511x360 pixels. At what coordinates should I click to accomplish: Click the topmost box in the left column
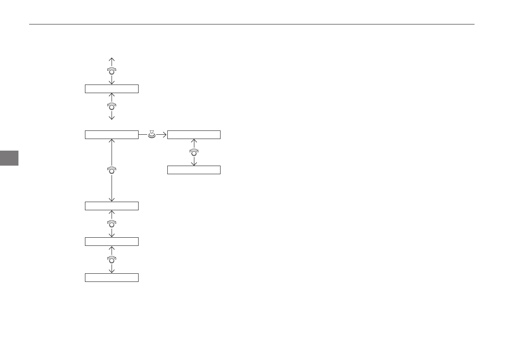click(112, 89)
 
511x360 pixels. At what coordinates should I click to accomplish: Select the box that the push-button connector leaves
click(112, 135)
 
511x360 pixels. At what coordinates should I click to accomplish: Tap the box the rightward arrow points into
click(194, 135)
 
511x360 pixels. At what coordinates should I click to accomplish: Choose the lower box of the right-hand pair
click(194, 170)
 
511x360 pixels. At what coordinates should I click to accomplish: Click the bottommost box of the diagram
click(112, 278)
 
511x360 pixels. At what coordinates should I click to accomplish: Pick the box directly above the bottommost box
click(112, 242)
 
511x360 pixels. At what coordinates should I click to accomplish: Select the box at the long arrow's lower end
click(112, 206)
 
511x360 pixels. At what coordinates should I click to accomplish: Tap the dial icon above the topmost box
click(112, 71)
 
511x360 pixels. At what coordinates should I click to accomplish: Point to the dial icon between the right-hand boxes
click(194, 152)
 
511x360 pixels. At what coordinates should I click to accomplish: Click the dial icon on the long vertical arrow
click(112, 170)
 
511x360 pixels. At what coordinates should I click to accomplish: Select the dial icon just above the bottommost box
click(112, 259)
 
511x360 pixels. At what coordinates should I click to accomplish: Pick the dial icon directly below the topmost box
click(112, 106)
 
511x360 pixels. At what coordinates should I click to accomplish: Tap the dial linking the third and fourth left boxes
click(112, 223)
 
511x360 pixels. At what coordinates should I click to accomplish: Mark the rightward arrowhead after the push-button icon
click(164, 135)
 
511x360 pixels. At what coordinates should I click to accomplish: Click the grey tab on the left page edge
click(9, 157)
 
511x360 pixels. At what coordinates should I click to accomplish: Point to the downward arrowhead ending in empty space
click(112, 118)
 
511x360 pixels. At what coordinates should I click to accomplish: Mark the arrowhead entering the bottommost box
click(112, 271)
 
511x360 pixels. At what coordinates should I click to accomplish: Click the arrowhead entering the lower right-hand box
click(194, 163)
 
